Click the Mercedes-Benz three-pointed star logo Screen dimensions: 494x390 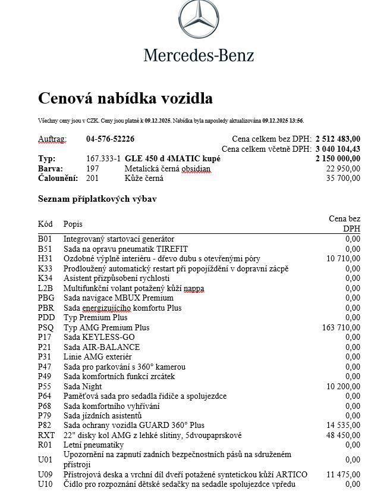tap(199, 21)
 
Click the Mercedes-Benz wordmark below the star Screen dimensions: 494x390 tap(199, 55)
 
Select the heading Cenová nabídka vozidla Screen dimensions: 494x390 tap(125, 98)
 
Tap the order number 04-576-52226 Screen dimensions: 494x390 tap(110, 139)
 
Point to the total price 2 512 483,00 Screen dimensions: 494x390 tap(338, 139)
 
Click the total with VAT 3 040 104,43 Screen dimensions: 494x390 tap(338, 149)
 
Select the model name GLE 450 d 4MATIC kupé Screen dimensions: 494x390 tap(172, 159)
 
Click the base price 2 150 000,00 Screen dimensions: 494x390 tap(338, 159)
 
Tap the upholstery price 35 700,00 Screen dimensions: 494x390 tap(343, 178)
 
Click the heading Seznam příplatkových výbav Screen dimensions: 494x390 tap(97, 199)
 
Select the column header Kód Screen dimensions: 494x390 tap(45, 224)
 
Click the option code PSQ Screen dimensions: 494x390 tap(46, 327)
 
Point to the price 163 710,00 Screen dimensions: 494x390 tap(341, 327)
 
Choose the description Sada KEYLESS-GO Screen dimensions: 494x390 tap(99, 337)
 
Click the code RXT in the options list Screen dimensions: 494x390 tap(46, 435)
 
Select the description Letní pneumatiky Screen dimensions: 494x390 tap(93, 445)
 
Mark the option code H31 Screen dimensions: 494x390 tap(45, 259)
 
